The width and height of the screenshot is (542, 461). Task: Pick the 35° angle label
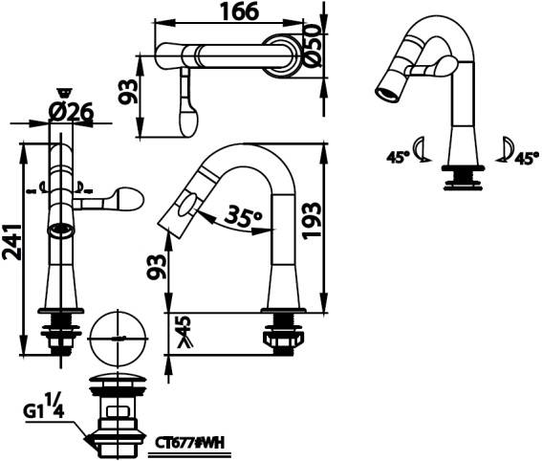click(244, 218)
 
